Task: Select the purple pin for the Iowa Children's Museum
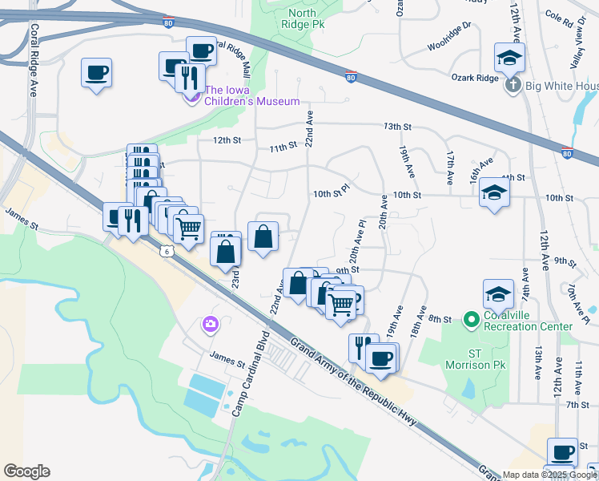tap(192, 98)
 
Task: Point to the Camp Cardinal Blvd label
tap(248, 375)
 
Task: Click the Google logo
tap(26, 471)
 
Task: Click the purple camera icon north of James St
tap(210, 324)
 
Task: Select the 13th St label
tap(396, 127)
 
